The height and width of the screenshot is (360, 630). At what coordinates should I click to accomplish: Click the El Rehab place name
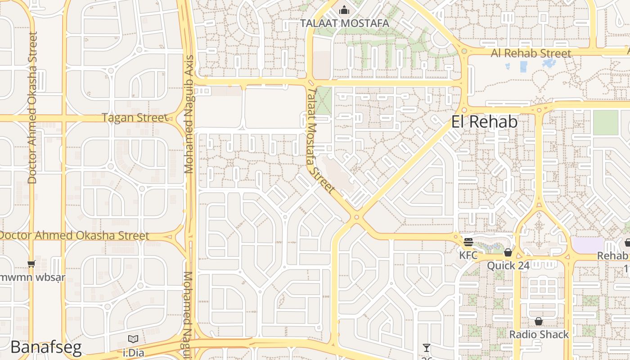(x=484, y=122)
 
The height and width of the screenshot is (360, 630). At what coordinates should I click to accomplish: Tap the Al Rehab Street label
(x=531, y=53)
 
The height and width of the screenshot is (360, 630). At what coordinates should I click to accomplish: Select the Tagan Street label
(x=134, y=118)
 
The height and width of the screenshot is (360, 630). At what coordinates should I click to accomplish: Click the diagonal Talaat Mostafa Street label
(x=321, y=140)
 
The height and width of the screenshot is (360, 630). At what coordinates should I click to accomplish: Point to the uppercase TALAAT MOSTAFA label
(x=345, y=23)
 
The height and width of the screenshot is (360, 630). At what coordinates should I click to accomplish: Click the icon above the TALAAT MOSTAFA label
(x=344, y=9)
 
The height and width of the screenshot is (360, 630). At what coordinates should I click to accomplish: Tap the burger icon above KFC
(x=468, y=242)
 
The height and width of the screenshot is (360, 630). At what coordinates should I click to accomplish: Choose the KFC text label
(x=468, y=255)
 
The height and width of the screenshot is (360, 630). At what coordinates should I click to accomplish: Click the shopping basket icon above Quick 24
(x=508, y=252)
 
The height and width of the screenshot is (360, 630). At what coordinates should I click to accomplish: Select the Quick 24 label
(x=508, y=265)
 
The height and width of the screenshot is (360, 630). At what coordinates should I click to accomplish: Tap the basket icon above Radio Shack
(x=539, y=321)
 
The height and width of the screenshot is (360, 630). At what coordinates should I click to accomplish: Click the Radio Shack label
(x=539, y=334)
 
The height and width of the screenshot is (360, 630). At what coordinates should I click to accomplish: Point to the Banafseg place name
(x=46, y=347)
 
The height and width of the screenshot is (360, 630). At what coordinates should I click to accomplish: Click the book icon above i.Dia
(x=133, y=339)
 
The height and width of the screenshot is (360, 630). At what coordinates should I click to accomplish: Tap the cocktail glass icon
(x=427, y=348)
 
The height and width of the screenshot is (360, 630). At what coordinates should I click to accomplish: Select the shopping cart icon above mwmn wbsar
(x=31, y=264)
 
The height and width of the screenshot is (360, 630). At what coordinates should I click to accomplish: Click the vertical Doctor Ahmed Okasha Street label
(x=31, y=108)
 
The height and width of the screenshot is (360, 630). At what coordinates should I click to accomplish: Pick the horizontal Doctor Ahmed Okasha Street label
(x=74, y=236)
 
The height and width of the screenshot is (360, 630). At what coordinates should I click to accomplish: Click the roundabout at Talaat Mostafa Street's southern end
(x=356, y=217)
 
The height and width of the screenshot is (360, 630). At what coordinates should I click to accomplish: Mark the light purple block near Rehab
(x=588, y=245)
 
